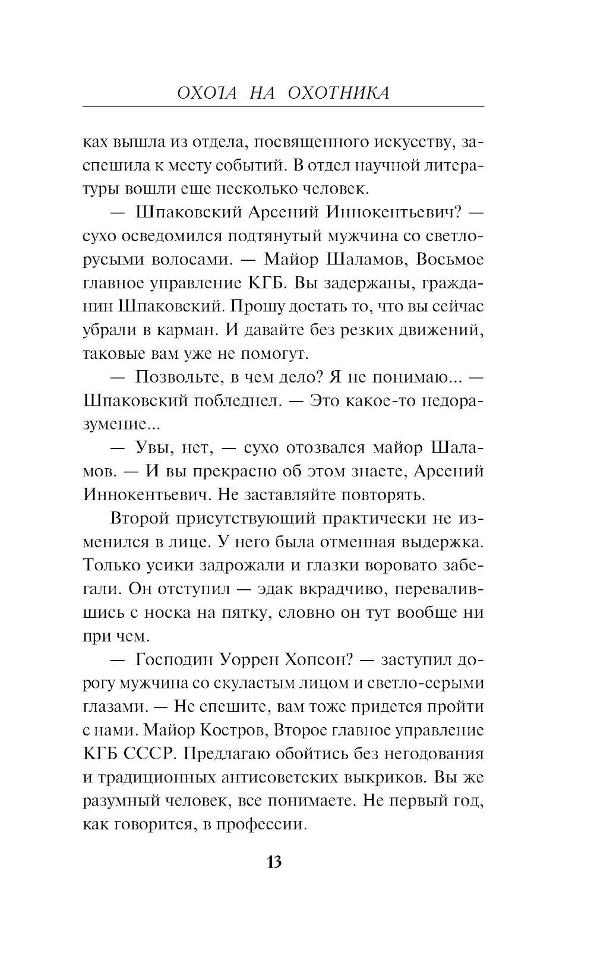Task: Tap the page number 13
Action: tap(274, 862)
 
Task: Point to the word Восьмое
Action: tap(448, 259)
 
